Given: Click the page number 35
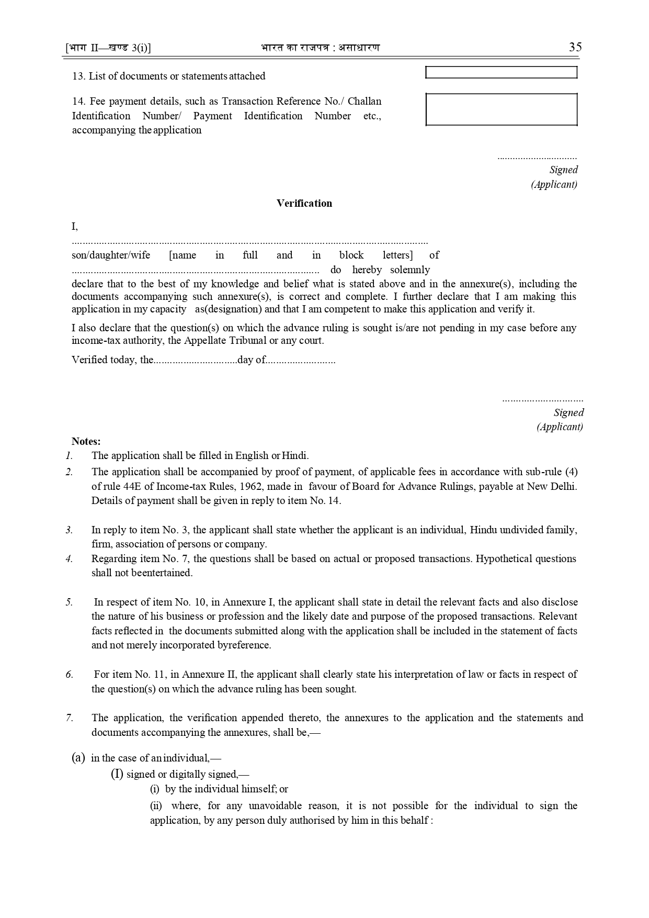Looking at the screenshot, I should (575, 47).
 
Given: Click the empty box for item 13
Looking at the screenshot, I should (501, 73).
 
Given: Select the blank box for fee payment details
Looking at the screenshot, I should (501, 109).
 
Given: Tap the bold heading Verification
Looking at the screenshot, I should (304, 204).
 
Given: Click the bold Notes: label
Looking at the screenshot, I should (86, 441).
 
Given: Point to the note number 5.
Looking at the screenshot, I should (69, 602).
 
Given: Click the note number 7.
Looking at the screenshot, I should (69, 718).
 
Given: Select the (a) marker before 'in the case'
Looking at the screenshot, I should (78, 757).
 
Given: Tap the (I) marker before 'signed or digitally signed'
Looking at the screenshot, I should (117, 774).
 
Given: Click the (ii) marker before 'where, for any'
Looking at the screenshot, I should (156, 806).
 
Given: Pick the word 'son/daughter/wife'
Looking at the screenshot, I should (111, 255).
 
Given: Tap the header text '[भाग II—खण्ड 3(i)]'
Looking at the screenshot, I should (108, 48).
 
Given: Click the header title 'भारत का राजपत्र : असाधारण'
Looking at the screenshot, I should (320, 48).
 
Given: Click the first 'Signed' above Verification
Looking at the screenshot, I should (563, 170).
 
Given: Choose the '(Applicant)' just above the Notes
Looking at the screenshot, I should (560, 427).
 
